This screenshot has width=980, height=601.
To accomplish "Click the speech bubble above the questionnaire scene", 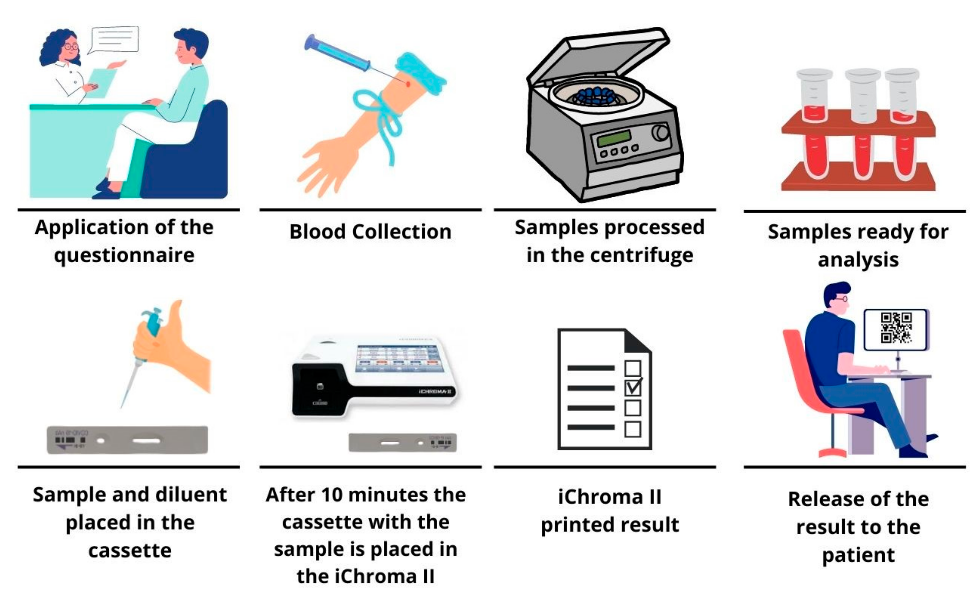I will [x=114, y=39].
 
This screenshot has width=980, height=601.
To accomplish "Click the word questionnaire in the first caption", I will [x=124, y=255].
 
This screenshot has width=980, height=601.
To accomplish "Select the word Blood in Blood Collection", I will [x=317, y=232].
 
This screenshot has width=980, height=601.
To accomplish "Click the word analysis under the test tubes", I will [x=858, y=260].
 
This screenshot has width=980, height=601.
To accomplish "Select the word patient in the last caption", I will [x=858, y=554].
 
